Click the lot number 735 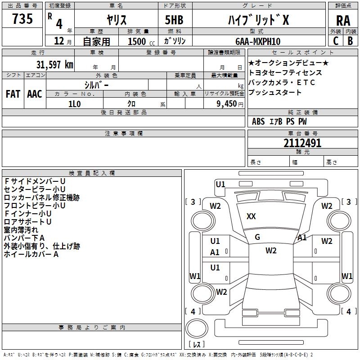point(22,19)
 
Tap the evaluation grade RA point(343,21)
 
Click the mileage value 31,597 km point(54,64)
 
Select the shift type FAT point(13,94)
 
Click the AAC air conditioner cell point(35,94)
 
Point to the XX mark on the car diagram point(251,216)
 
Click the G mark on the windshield point(257,237)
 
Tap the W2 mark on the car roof point(271,251)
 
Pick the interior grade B point(350,40)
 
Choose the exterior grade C point(335,40)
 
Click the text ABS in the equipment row point(258,121)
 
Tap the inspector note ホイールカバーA point(31,254)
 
